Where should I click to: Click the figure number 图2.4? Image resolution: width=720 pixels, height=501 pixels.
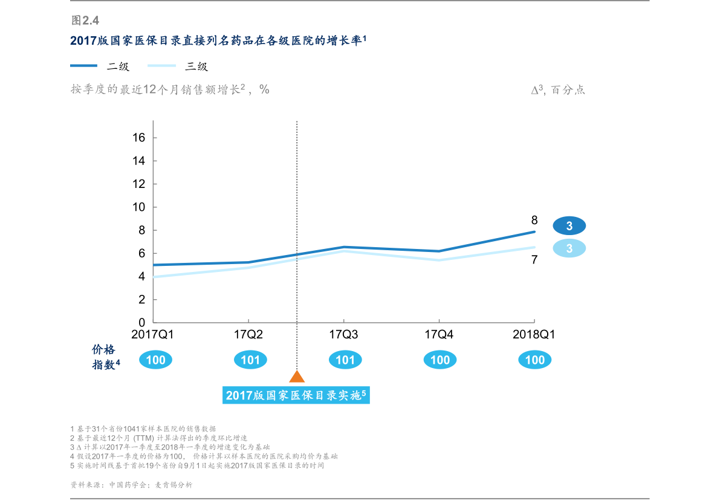85,20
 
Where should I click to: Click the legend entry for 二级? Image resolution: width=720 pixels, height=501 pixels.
100,66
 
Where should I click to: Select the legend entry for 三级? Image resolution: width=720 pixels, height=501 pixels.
178,66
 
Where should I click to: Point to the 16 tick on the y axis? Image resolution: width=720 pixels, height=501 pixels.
138,137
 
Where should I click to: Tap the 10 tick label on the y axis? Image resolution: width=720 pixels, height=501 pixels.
138,207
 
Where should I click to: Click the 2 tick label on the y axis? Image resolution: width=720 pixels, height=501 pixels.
142,299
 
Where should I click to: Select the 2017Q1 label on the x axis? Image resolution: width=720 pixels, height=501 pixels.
152,334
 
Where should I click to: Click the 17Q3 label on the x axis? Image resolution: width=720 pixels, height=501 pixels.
343,334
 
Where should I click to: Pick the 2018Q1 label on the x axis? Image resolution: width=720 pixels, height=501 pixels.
534,334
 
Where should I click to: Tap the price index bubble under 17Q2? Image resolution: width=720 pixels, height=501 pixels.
250,360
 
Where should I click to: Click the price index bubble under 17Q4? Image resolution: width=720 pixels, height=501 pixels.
440,360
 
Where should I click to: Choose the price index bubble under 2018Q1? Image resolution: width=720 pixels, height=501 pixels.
535,360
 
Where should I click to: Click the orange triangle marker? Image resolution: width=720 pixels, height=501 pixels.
297,377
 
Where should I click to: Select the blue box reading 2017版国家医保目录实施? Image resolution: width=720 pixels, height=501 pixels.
296,395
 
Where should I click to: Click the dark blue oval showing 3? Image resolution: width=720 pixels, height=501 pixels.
569,225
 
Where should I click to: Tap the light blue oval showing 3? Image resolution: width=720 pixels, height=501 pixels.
569,248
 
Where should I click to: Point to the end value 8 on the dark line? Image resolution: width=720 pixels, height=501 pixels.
534,221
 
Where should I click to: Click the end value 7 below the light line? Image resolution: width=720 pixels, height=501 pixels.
534,260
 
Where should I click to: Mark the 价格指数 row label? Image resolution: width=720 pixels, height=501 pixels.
106,357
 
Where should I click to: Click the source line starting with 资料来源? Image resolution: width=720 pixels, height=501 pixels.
131,485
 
